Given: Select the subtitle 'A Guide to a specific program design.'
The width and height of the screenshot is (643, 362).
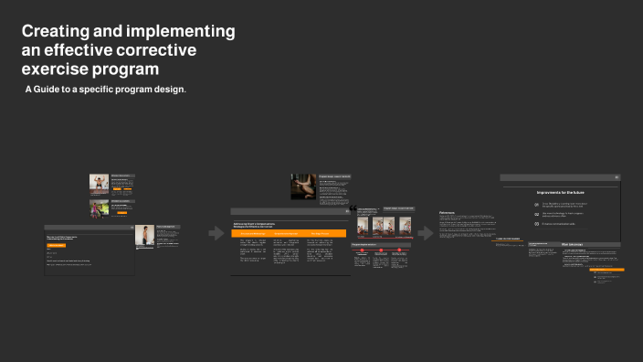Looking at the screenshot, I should point(105,90).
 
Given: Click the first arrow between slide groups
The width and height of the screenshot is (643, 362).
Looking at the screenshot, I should point(216,234).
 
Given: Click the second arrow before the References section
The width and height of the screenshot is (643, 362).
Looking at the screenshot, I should point(426,234).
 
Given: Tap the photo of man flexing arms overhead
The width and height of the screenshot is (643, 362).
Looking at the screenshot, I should point(99,183).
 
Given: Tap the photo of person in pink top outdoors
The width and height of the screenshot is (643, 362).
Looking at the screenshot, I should point(99,208).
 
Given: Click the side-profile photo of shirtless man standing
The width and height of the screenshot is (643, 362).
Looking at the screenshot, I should point(144,236).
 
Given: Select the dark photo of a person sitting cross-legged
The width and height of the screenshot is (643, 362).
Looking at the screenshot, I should point(303,186).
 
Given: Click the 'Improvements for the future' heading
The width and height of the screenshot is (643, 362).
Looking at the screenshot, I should point(561,193).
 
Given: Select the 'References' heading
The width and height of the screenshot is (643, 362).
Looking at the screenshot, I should point(452,211).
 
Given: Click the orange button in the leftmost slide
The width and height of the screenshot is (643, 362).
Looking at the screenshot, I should point(57,245).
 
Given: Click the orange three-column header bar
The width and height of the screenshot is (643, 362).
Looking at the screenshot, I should point(288,234).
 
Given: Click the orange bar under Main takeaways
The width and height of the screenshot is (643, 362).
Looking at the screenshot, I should point(606,271).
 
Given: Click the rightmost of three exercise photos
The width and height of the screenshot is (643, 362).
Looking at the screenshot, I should point(405,226).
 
